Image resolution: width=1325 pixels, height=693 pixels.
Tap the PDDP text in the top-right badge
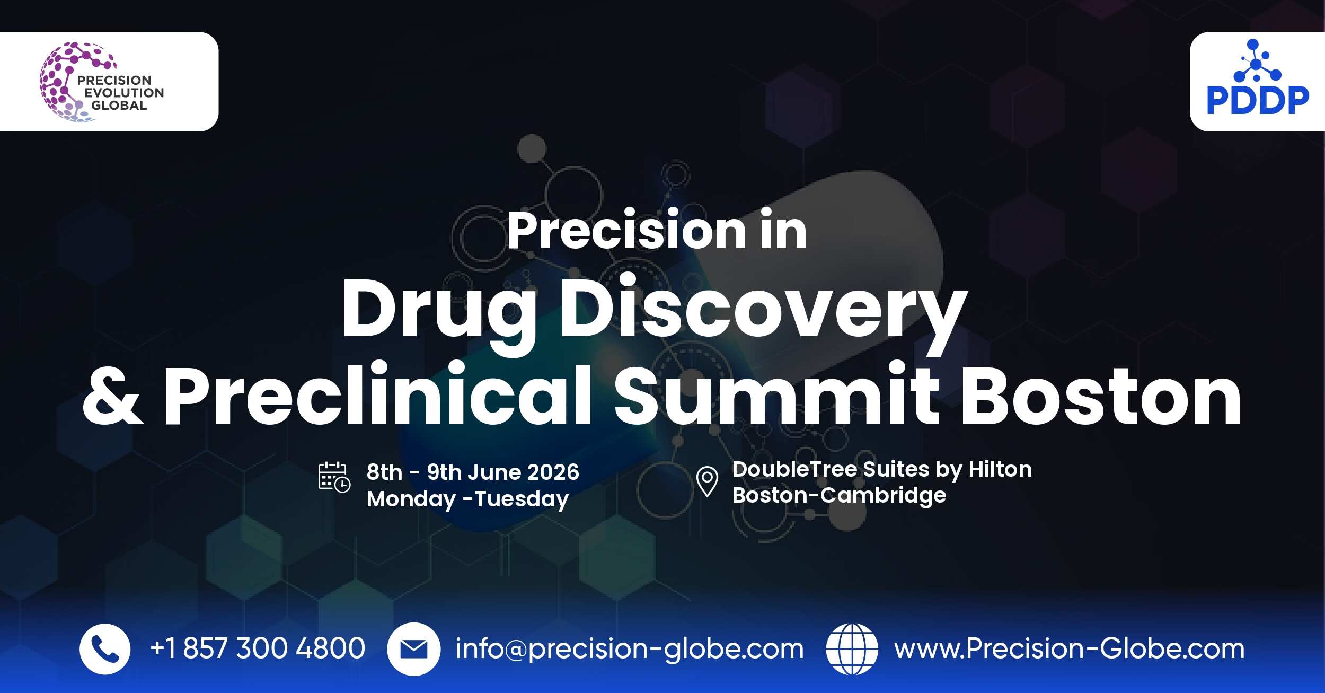[1257, 101]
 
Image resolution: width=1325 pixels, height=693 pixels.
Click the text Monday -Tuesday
[467, 499]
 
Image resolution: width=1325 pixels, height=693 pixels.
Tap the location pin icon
[706, 481]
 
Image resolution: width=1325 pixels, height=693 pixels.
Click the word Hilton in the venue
[1000, 470]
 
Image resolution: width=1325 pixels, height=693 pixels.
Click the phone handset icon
[104, 649]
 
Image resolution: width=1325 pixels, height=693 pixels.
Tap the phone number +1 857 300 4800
[258, 648]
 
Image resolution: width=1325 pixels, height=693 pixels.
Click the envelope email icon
[413, 649]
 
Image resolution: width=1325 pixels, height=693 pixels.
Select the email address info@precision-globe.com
[629, 650]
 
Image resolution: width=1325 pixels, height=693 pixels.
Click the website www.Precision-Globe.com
[1069, 649]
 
